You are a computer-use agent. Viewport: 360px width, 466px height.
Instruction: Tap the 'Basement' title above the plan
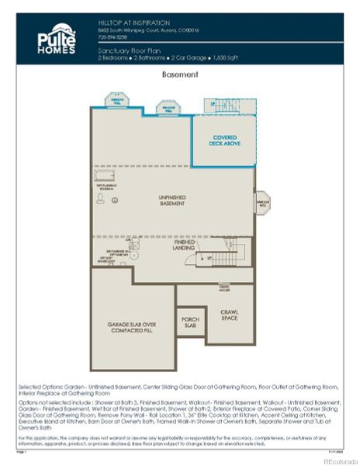pos(179,75)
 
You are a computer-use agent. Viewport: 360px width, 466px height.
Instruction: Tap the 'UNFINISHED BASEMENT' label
pos(172,200)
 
